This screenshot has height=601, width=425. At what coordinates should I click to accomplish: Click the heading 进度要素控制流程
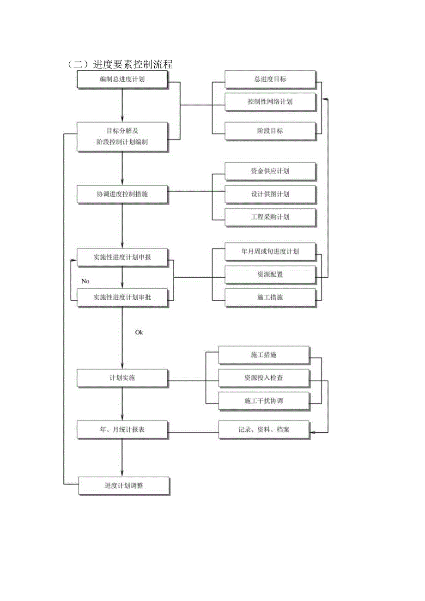coord(120,65)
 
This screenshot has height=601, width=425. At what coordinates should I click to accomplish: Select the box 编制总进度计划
coord(122,79)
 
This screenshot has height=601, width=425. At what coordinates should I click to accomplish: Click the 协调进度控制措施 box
coord(122,194)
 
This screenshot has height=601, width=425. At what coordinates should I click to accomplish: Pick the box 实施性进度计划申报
coord(122,257)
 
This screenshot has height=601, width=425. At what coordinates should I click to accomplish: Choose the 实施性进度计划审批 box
coord(122,297)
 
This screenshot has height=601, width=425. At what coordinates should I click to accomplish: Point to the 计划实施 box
coord(122,377)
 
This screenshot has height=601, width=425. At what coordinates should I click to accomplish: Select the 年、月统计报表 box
coord(122,429)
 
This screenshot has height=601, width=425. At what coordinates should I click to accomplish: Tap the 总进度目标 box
coord(270,79)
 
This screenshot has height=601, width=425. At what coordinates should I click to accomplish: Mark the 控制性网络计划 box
coord(270,102)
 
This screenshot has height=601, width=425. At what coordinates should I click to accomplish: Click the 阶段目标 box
coord(270,130)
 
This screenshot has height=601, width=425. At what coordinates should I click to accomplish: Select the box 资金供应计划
coord(270,171)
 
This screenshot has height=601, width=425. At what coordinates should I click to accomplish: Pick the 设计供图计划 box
coord(270,194)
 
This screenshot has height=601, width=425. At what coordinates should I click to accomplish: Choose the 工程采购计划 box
coord(270,217)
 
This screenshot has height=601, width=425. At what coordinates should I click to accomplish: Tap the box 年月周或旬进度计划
coord(270,251)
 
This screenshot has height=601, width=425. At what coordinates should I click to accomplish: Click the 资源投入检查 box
coord(263,377)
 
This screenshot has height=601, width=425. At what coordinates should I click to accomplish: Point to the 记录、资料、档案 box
coord(263,429)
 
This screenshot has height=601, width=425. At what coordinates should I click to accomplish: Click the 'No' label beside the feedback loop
coord(85,281)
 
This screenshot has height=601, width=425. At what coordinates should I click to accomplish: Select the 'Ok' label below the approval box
coord(139,332)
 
